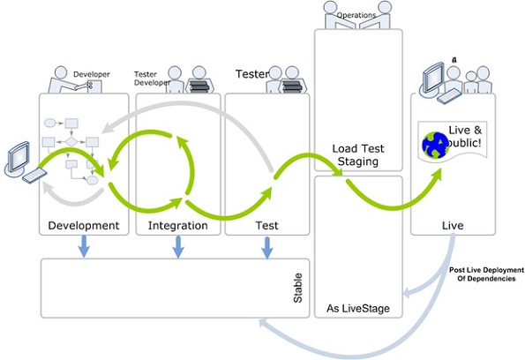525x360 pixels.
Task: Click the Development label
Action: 83,226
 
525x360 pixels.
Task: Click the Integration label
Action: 179,226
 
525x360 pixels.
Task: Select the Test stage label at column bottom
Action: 266,226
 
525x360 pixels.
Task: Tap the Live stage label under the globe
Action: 452,226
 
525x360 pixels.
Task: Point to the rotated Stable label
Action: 297,288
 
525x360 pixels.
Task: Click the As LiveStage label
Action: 358,308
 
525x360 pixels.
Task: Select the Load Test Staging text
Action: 358,154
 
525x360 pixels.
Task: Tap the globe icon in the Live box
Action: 435,144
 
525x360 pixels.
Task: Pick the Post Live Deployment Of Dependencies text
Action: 480,274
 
